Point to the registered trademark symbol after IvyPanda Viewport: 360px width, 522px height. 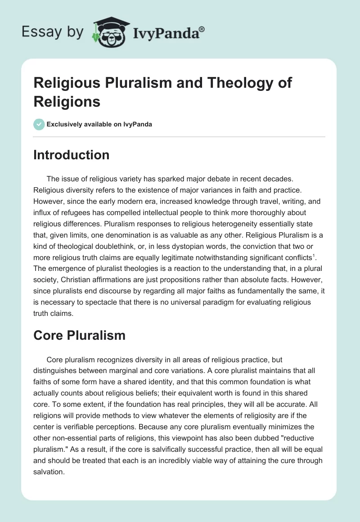click(202, 28)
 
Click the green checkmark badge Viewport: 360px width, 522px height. click(39, 124)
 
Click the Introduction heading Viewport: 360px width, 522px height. click(71, 155)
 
